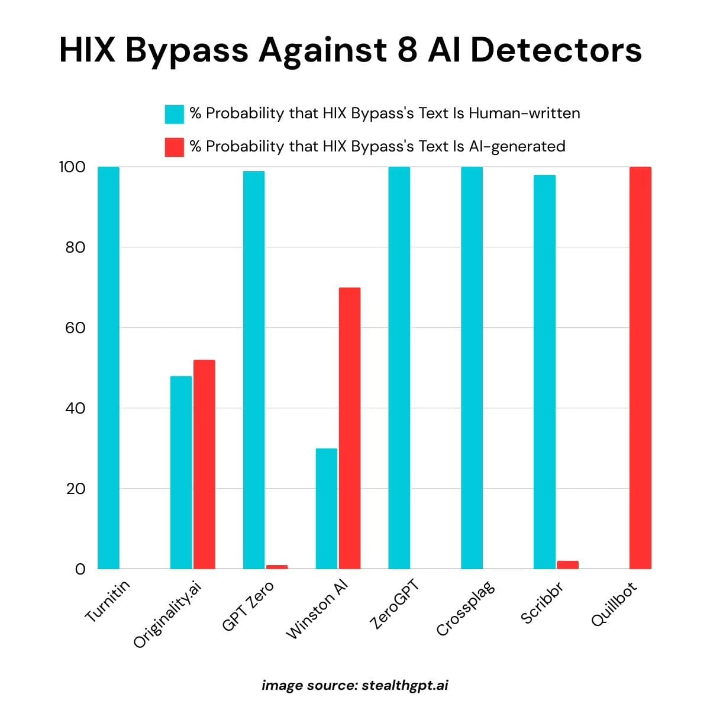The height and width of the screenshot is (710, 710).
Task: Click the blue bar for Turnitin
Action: (108, 367)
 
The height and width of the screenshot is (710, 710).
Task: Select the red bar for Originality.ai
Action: (204, 464)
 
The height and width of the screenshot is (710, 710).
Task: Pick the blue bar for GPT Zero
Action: (254, 370)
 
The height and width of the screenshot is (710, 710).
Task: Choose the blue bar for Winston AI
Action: (327, 509)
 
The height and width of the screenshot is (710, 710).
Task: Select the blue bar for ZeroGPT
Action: (399, 367)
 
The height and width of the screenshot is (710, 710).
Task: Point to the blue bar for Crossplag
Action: (472, 367)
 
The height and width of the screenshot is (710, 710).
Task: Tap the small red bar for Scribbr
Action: (568, 565)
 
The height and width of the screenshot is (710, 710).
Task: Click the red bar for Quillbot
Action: (640, 367)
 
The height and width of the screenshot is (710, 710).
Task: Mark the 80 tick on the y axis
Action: (75, 247)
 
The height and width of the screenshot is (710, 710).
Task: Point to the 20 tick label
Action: (75, 489)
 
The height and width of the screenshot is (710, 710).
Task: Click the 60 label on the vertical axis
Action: (75, 328)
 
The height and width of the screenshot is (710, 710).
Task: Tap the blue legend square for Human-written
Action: (175, 114)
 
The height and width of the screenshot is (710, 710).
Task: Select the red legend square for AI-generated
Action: (175, 147)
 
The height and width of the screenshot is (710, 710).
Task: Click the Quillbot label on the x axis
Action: (615, 603)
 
